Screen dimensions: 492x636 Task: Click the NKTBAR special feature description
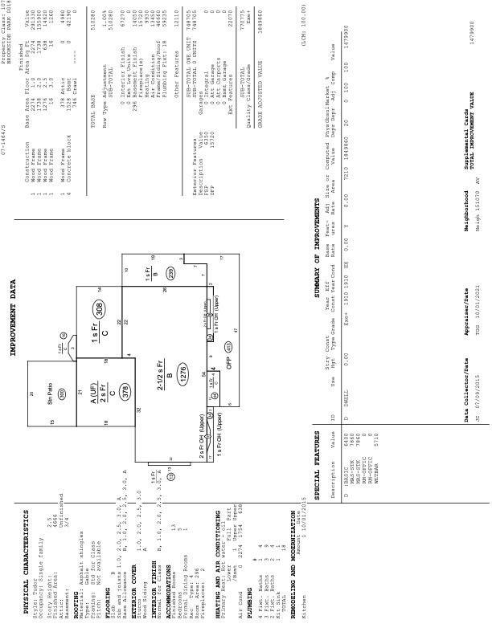pyautogui.click(x=351, y=450)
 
